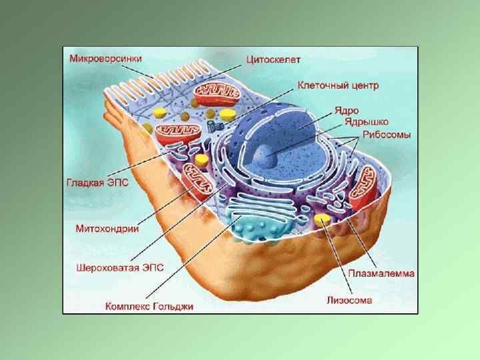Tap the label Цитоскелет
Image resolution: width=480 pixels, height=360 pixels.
[273, 59]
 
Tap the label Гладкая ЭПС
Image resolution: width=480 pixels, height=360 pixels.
[97, 180]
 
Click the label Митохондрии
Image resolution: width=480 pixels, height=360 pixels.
[107, 228]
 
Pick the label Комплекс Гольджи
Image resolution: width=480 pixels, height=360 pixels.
[149, 307]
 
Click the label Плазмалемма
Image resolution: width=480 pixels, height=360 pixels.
[381, 273]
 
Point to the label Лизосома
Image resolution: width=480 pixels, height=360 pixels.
[349, 300]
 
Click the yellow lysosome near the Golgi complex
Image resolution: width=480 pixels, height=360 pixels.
[323, 219]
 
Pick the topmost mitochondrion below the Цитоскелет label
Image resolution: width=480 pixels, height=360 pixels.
[216, 92]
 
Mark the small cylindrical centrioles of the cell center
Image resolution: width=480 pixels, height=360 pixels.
[214, 125]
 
